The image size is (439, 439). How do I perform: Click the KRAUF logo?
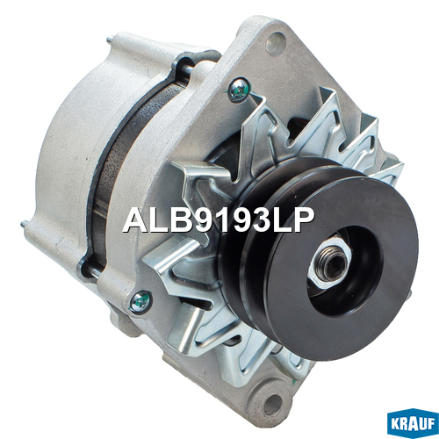point(413,424)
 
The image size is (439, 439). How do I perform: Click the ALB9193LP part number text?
point(219,220)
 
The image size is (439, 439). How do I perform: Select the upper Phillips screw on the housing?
point(239,90)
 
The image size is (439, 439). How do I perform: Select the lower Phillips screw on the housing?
point(140,301)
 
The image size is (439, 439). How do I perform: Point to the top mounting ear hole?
point(276,44)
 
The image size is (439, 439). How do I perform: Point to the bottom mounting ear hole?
point(273,403)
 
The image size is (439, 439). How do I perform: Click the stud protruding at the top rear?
point(110,39)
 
